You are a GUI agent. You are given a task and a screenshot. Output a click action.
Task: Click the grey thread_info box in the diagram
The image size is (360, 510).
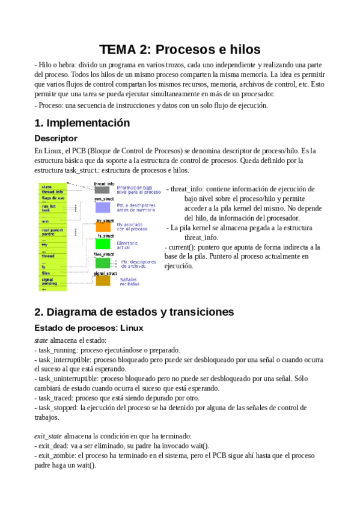pos(102,190)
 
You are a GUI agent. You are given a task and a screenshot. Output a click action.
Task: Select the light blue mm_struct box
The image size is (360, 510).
pos(103,207)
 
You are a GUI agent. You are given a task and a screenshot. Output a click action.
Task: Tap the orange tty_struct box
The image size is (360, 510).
pos(103,227)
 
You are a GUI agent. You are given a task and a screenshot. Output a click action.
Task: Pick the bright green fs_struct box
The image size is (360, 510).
pos(103,244)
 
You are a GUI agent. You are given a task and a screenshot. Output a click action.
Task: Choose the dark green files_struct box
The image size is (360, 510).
pos(103,263)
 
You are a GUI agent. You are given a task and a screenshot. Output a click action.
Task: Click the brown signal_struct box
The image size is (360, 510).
pos(103,280)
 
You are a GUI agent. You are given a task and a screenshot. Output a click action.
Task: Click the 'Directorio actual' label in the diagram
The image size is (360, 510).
pos(127,245)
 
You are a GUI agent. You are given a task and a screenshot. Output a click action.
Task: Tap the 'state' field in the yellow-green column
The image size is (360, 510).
pos(47,187)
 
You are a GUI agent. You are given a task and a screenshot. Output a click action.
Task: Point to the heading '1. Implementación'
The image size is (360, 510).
pos(82,123)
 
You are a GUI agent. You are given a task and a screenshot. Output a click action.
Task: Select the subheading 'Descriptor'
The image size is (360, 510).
pos(56,138)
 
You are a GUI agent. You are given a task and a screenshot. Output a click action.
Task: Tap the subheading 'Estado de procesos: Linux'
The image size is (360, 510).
pos(89,327)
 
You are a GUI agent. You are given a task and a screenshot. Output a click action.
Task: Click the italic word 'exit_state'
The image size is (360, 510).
pos(49,435)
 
